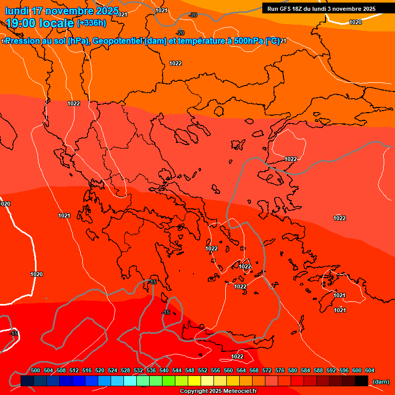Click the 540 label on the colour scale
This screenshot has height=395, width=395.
[x=164, y=370]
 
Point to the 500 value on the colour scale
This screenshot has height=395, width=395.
[x=35, y=370]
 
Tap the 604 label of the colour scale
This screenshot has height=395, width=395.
[x=370, y=370]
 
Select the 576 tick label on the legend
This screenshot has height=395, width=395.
[x=280, y=370]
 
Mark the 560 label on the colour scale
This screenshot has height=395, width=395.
[x=228, y=370]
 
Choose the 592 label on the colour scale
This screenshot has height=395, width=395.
[x=331, y=370]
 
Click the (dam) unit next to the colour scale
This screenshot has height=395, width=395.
[x=381, y=382]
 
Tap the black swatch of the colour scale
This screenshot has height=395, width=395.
[x=362, y=381]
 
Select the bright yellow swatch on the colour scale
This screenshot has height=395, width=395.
[x=194, y=381]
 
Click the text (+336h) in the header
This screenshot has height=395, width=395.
[x=91, y=23]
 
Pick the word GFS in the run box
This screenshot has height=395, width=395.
[x=284, y=9]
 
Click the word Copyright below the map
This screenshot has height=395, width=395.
[x=194, y=391]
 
